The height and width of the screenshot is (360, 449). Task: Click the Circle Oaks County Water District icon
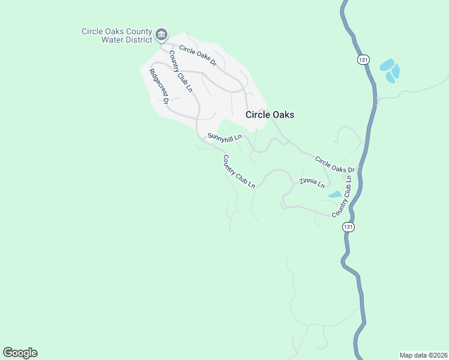[161, 35]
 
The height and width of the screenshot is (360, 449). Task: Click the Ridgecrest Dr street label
[159, 86]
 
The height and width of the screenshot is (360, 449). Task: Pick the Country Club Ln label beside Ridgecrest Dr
[180, 71]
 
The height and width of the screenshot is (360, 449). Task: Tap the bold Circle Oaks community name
[270, 115]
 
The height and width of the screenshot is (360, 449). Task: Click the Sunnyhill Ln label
[224, 137]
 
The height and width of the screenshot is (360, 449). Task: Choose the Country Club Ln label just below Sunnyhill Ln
[239, 172]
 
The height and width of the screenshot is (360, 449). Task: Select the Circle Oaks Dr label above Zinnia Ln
[336, 164]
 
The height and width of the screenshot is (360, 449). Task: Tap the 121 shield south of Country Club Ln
[349, 227]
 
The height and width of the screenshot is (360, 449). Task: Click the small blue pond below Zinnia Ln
[334, 194]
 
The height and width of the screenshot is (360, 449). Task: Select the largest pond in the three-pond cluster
[387, 65]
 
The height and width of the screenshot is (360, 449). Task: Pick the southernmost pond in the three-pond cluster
[391, 76]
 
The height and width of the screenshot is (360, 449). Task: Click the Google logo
[20, 353]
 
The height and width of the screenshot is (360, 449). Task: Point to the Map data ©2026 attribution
[423, 355]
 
